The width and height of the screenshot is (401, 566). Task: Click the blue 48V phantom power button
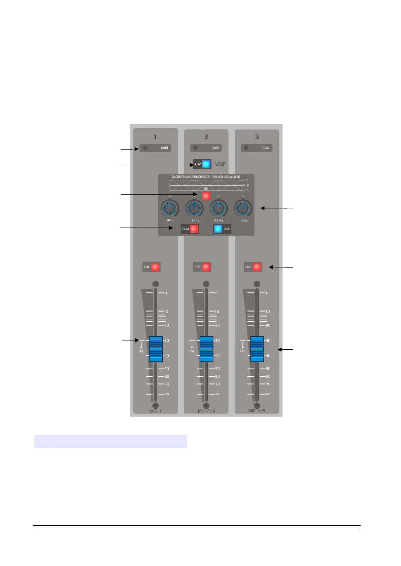point(206,164)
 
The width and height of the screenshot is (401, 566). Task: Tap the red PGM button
point(194,229)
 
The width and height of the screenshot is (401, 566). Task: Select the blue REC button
point(218,229)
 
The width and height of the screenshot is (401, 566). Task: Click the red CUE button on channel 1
point(155,267)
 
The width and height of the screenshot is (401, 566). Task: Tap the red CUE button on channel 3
point(257,267)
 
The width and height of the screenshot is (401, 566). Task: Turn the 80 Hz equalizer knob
point(170,209)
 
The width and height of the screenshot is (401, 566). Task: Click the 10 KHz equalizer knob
point(243,209)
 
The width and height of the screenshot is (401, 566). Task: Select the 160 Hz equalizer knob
point(194,209)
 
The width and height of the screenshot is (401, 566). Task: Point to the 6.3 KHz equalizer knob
point(219,209)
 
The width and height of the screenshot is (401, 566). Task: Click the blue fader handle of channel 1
point(156,349)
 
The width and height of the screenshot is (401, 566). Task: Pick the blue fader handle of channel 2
point(206,349)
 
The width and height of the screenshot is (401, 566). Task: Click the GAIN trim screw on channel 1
point(145,148)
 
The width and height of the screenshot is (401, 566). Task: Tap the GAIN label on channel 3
point(266,148)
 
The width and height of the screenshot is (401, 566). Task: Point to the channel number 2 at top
point(206,137)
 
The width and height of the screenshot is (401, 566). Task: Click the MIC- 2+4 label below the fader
point(206,411)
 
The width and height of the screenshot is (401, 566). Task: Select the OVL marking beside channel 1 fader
point(141,351)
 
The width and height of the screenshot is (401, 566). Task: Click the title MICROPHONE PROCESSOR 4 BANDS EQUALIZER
point(206,177)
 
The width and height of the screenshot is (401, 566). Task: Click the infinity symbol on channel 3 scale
point(268,394)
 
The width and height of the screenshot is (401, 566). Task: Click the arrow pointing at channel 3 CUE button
point(281,267)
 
